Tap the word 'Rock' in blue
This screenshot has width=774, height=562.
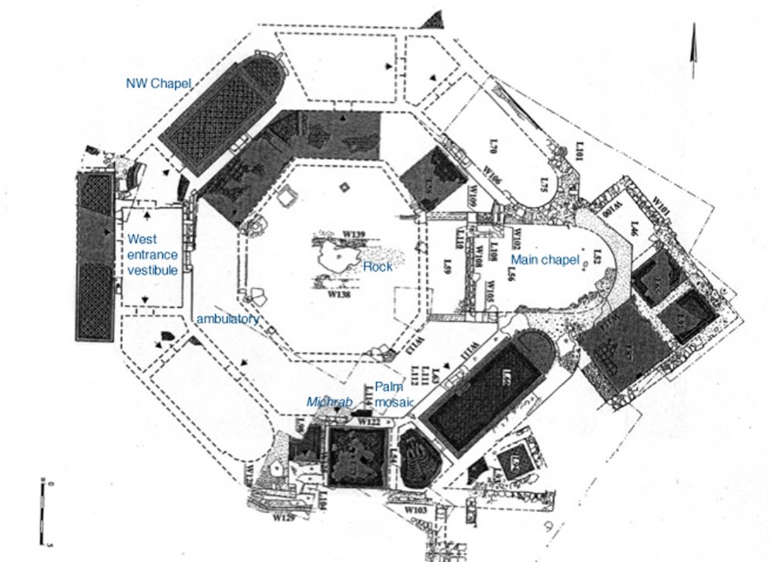[377, 267]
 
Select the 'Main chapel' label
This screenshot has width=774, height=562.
[544, 259]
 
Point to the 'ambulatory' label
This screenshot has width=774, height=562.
[227, 319]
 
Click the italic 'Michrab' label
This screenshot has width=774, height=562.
[324, 401]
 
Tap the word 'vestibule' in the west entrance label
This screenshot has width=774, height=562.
[152, 270]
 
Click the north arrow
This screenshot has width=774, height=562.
[694, 50]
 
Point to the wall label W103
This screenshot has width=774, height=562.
[416, 508]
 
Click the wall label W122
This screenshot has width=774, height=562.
[370, 421]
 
